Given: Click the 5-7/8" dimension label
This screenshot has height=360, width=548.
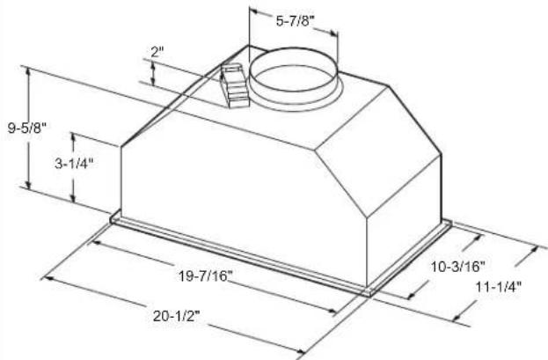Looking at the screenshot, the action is (296, 20).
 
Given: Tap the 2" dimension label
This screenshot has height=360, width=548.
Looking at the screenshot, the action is (157, 52).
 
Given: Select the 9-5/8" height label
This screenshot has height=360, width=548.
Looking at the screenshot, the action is (27, 128).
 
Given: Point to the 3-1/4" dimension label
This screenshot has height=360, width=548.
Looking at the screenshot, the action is (74, 164).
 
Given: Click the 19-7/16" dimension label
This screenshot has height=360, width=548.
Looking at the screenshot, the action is (206, 276).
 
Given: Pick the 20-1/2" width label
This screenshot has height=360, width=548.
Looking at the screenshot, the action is (176, 316).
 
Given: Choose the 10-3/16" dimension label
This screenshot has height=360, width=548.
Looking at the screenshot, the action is (457, 267).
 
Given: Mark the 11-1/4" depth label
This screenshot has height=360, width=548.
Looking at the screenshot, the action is (499, 287).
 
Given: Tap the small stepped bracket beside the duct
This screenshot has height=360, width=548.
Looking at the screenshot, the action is (233, 85).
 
